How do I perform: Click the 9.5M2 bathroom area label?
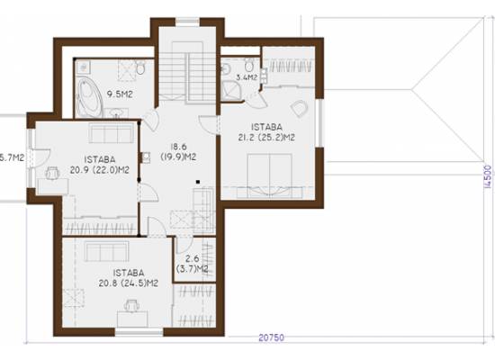(x=120, y=94)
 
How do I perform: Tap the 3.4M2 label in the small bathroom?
(x=247, y=77)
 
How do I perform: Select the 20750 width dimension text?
(x=271, y=337)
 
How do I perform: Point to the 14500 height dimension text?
(x=488, y=176)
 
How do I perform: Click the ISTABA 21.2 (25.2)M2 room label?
(x=266, y=132)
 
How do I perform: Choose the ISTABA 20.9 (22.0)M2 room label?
(x=100, y=165)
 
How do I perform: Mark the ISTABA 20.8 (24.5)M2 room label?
(x=129, y=278)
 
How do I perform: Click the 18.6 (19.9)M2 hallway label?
(x=179, y=152)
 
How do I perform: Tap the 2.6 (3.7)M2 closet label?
(x=192, y=264)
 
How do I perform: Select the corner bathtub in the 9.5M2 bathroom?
(x=89, y=98)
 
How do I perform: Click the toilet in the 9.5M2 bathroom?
(x=140, y=67)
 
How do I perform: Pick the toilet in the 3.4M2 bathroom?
(x=249, y=66)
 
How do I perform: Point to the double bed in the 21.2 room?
(x=269, y=175)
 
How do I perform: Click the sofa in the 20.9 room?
(x=111, y=133)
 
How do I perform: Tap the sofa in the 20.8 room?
(x=107, y=251)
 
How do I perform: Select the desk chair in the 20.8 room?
(x=132, y=306)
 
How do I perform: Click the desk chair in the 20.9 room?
(x=53, y=174)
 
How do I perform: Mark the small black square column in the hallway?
(x=198, y=182)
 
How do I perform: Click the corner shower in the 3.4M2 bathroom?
(x=231, y=91)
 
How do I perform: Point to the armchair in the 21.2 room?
(x=299, y=109)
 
